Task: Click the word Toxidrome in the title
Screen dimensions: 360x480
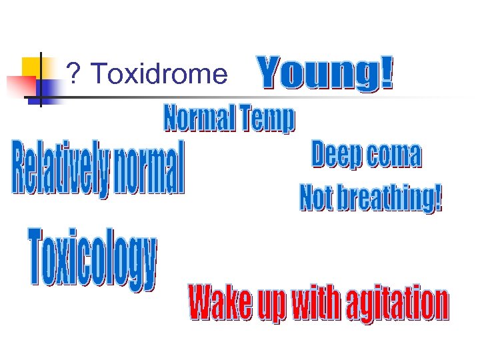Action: (x=158, y=75)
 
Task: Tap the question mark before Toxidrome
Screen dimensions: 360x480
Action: (x=73, y=75)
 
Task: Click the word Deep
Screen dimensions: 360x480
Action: (x=336, y=155)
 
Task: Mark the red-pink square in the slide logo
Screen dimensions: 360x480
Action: (x=19, y=86)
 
